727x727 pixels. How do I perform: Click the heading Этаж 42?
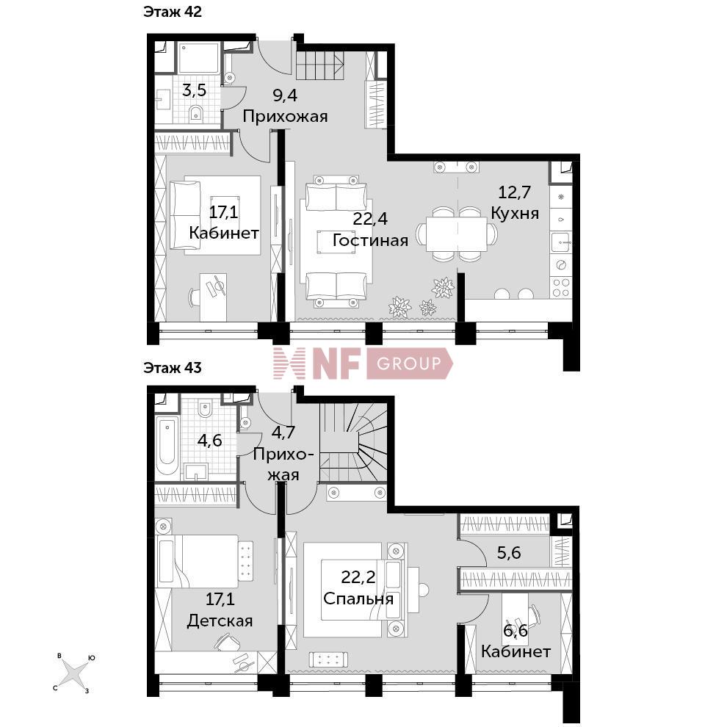click(173, 12)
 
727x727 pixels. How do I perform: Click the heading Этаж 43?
click(173, 368)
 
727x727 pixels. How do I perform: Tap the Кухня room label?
click(515, 213)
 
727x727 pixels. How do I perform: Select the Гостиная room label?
click(370, 240)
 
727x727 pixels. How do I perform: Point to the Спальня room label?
click(358, 598)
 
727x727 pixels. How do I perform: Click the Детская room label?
click(220, 621)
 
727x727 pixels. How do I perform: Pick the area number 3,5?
click(195, 90)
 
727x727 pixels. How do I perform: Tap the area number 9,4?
click(285, 95)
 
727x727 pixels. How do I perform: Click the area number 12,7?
click(515, 192)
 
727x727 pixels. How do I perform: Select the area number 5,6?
click(509, 553)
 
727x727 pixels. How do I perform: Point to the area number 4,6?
click(209, 441)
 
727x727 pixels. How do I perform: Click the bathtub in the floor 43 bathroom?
click(167, 446)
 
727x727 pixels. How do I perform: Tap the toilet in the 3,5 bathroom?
click(197, 112)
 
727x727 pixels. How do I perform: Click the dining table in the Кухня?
click(457, 234)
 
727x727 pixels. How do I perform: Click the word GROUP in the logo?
click(409, 363)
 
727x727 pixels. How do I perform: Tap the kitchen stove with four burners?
click(561, 287)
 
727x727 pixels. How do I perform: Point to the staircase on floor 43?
click(353, 442)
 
